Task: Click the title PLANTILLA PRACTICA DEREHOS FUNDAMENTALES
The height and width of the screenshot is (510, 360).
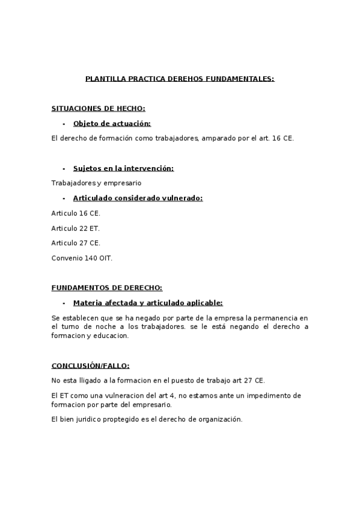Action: coord(180,78)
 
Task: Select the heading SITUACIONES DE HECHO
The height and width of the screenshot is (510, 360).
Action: coord(99,108)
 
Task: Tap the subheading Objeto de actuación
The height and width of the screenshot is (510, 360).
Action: coord(112,123)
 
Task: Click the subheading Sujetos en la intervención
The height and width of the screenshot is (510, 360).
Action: coord(123,168)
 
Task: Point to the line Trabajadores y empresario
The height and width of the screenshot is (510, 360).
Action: coord(97,183)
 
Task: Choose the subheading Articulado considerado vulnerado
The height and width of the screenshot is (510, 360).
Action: coord(138,198)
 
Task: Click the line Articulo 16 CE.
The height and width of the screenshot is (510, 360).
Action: coord(76,213)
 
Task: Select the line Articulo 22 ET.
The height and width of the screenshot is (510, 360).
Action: coord(76,228)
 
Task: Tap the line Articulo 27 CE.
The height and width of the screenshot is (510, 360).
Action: coord(76,243)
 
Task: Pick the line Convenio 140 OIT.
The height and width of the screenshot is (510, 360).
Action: coord(82,258)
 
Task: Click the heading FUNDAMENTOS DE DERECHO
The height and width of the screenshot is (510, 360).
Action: coord(107,287)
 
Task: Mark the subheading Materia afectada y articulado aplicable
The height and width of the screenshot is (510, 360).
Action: coord(148,303)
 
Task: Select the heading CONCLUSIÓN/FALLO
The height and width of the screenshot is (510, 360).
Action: coord(90,365)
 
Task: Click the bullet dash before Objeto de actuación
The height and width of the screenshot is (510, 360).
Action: coord(64,123)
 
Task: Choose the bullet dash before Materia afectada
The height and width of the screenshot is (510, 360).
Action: coord(64,303)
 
